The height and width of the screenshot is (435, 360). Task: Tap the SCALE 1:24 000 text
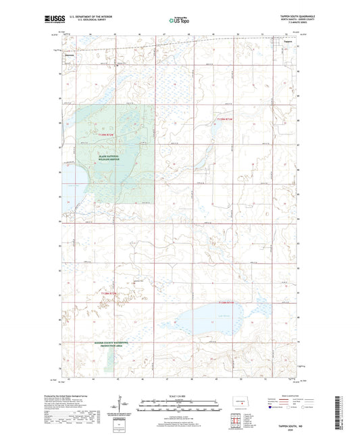179,395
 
